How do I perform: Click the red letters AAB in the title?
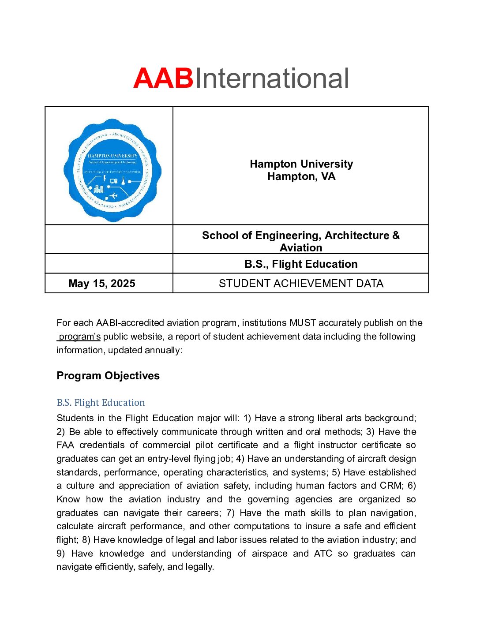pos(163,79)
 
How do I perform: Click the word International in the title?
pos(272,79)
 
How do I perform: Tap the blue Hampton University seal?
pos(112,170)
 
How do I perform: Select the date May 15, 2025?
pos(102,284)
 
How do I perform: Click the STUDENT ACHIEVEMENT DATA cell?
pos(301,284)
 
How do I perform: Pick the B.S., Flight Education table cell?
pos(301,264)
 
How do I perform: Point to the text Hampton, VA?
pos(301,176)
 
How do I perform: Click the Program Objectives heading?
pos(108,376)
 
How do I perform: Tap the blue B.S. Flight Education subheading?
pos(101,403)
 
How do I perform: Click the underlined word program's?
pos(79,337)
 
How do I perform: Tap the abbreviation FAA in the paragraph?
pos(65,445)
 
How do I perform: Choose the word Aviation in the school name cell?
pos(301,248)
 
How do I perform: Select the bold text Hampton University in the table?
pos(301,164)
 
